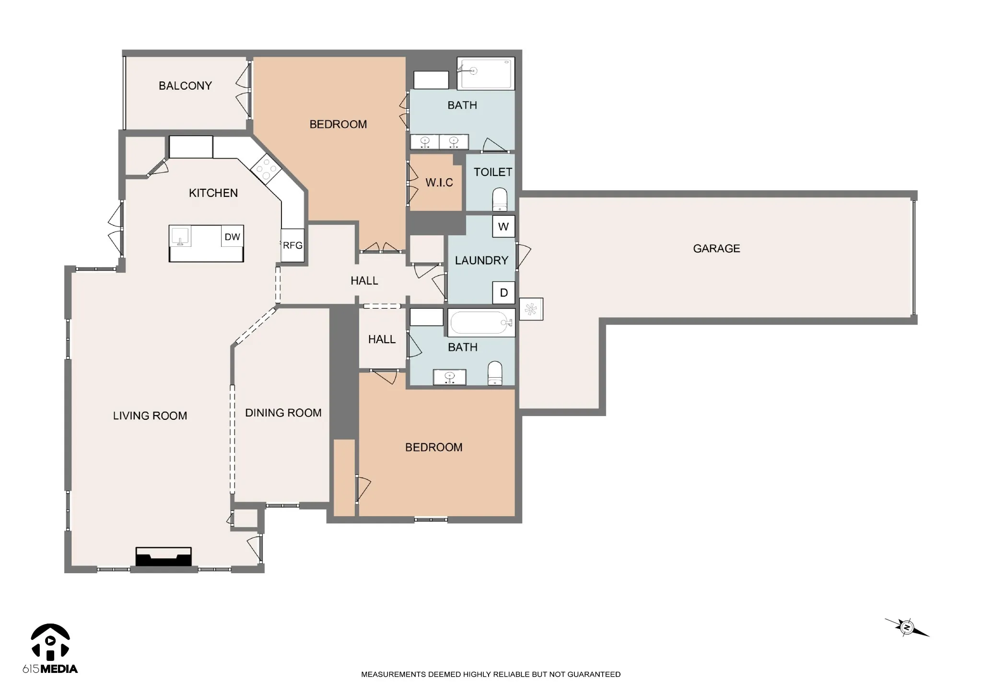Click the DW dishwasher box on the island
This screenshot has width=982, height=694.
(x=233, y=236)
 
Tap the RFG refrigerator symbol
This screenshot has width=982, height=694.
(x=292, y=245)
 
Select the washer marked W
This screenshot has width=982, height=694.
(x=503, y=227)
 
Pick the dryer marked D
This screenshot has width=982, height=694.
(x=503, y=293)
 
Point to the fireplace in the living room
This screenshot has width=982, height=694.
(x=164, y=557)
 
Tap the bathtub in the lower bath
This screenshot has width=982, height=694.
(x=481, y=323)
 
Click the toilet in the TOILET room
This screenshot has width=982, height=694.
(x=500, y=200)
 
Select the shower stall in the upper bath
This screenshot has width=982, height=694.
(x=486, y=73)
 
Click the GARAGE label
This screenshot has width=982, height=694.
(x=716, y=248)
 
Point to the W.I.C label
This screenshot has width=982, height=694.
(x=439, y=183)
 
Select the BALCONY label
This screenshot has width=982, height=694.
(x=185, y=86)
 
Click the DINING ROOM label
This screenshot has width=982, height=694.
(x=283, y=413)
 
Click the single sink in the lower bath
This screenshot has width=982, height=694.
(x=450, y=377)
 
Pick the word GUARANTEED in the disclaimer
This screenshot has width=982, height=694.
(x=594, y=674)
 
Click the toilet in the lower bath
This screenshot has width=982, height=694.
(x=495, y=373)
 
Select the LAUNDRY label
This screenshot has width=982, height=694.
(x=481, y=260)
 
